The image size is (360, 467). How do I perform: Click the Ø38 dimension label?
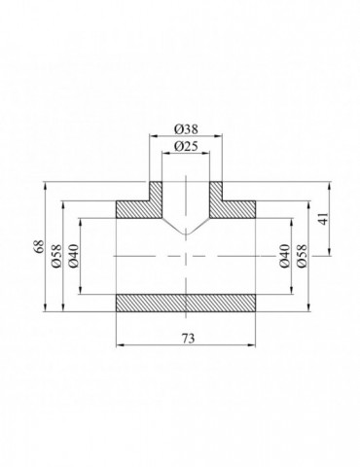pyautogui.click(x=186, y=128)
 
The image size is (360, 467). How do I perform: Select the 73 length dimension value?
pyautogui.click(x=187, y=338)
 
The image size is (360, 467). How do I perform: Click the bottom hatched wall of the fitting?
pyautogui.click(x=187, y=303)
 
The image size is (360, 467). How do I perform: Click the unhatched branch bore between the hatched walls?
pyautogui.click(x=186, y=199)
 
